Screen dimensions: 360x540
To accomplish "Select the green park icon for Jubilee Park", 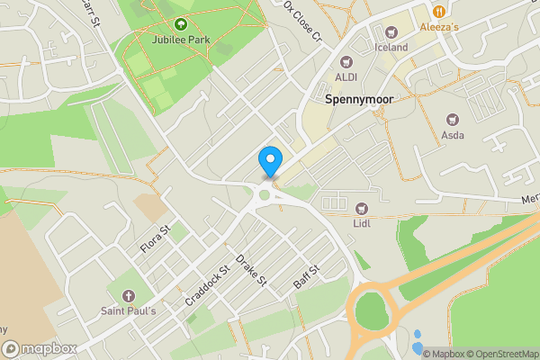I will point(180,24).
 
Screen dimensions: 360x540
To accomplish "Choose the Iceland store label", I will point(391,47).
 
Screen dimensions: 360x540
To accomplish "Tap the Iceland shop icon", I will point(391,31).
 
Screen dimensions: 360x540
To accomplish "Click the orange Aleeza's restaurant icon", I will point(439,12).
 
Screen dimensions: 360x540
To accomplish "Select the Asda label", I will point(453,135).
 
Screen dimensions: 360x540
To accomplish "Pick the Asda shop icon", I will point(453,119).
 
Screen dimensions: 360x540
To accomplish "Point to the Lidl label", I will point(363,222).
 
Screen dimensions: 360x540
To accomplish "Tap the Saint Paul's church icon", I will point(128,295).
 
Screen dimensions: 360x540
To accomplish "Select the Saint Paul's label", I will point(128,310).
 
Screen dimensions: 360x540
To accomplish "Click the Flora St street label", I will point(155,239).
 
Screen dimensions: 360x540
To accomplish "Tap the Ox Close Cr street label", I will point(301,21).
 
